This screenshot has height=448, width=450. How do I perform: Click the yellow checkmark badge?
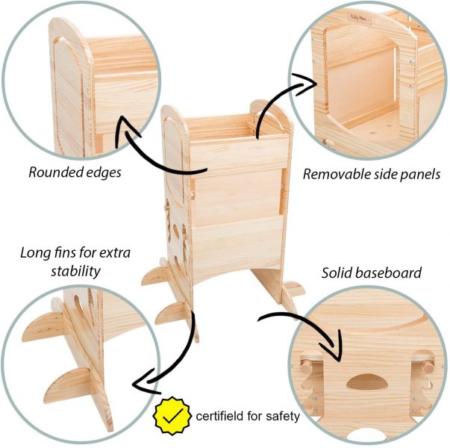(x=172, y=415)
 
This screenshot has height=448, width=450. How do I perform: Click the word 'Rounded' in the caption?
(x=54, y=172)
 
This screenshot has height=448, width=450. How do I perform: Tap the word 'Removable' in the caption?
(x=336, y=174)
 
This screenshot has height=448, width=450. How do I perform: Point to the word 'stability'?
(x=76, y=271)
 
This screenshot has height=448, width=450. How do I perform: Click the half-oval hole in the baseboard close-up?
(x=366, y=382)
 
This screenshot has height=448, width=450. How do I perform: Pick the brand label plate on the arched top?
(x=359, y=17)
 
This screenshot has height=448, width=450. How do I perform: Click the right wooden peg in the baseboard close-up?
(x=428, y=367)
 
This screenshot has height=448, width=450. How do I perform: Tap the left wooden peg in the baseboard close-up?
(x=305, y=366)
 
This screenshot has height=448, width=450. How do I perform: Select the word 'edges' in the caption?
(x=103, y=173)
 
